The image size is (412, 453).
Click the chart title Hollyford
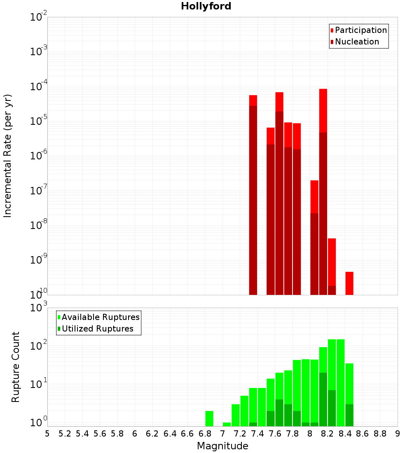[x=206, y=6]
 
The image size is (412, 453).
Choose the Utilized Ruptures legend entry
[x=97, y=329]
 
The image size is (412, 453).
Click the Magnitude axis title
[x=222, y=446]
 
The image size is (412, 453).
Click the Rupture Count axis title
[x=16, y=367]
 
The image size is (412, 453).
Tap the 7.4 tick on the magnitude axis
[x=257, y=434]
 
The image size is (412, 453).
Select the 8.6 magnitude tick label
[x=363, y=434]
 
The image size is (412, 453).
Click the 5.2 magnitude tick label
[x=65, y=434]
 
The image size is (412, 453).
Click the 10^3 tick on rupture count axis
[x=39, y=308]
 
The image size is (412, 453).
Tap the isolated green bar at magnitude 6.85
[x=209, y=418]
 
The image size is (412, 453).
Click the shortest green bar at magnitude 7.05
[x=227, y=424]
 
